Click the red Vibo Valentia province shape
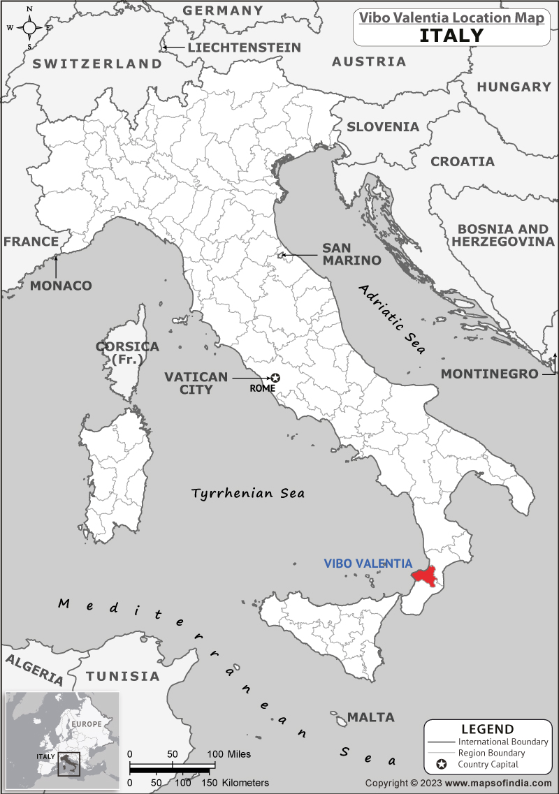[426, 575]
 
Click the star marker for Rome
[275, 378]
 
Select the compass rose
[29, 28]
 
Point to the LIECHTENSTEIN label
[244, 47]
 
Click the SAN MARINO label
[351, 254]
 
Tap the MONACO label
[61, 286]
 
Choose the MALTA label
[371, 717]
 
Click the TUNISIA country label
[122, 676]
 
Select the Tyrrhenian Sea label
[248, 493]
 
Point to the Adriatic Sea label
[393, 319]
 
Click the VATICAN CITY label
[196, 383]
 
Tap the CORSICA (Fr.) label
[127, 353]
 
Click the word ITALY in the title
[451, 35]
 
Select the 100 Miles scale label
[228, 755]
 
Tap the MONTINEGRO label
[489, 374]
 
